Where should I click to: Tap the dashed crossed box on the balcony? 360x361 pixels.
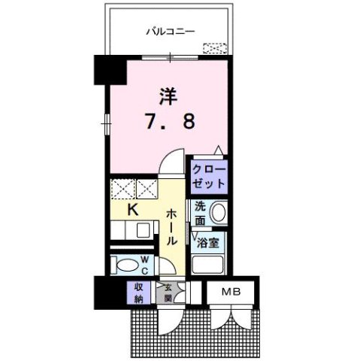tap(215, 49)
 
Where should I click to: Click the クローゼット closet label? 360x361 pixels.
tap(208, 176)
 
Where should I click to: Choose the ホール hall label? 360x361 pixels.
tap(172, 226)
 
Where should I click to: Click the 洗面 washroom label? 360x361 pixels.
tap(200, 213)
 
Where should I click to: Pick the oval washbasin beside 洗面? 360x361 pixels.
tap(218, 213)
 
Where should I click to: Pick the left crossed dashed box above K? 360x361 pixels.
tap(123, 188)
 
